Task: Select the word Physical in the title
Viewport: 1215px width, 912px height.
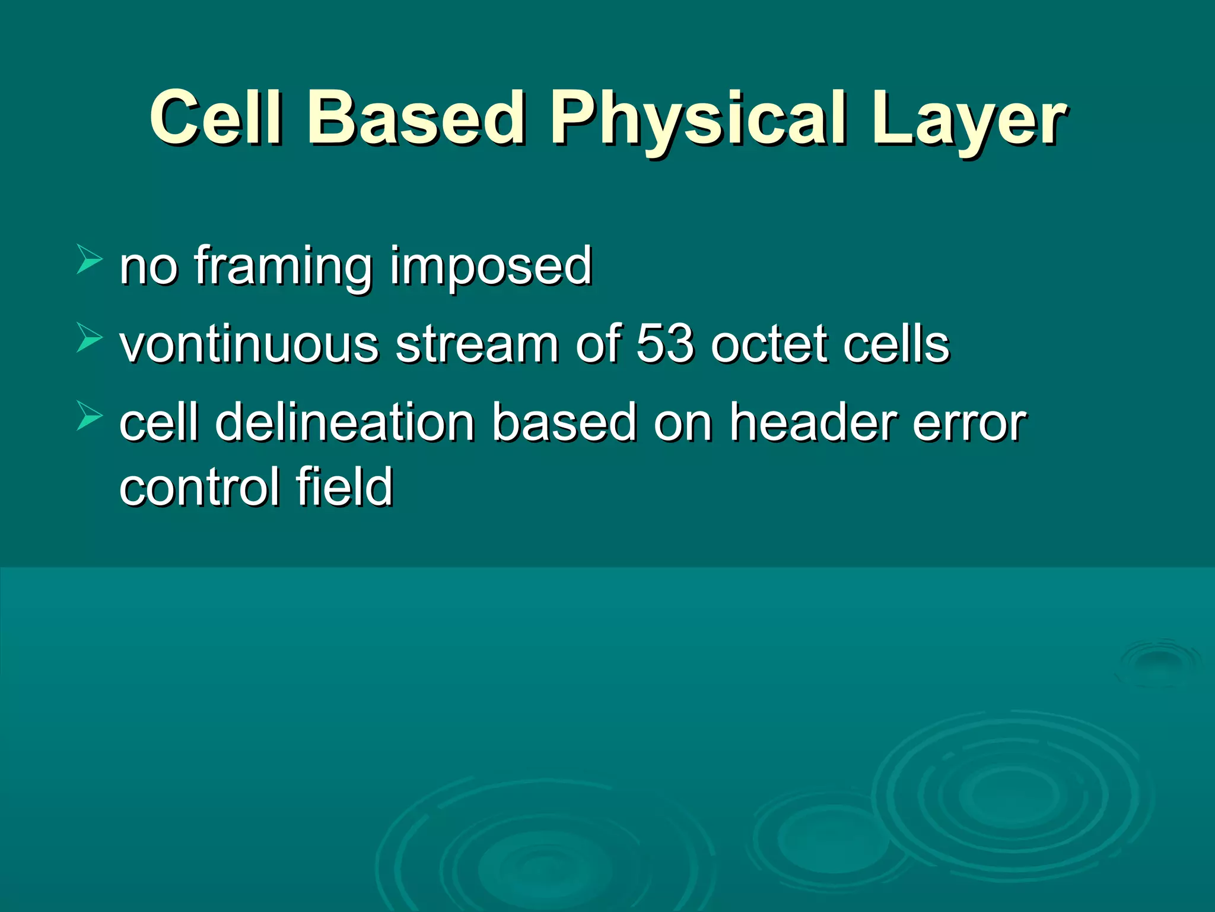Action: tap(698, 119)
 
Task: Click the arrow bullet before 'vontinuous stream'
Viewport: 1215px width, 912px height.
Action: tap(89, 339)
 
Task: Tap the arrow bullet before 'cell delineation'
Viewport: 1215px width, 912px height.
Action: tap(89, 416)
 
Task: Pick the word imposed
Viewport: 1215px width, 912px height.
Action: tap(491, 267)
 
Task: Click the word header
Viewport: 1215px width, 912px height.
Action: tap(812, 422)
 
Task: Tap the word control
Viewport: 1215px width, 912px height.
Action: tap(199, 487)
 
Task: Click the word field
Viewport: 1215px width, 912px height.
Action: tap(345, 487)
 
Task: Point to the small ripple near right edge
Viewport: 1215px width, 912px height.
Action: tap(1157, 662)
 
